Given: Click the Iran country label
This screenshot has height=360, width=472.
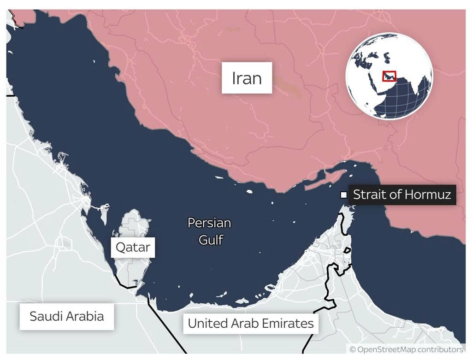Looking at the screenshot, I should [x=247, y=78].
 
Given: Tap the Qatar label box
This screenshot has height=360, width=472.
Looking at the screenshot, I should [x=133, y=247].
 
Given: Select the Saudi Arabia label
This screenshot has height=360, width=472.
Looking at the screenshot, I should [x=66, y=316].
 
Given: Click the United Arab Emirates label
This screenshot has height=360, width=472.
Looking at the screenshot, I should [x=251, y=323].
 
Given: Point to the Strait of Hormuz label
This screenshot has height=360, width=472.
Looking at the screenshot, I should [x=401, y=195].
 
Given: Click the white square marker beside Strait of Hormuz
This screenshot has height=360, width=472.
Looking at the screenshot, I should [x=343, y=195].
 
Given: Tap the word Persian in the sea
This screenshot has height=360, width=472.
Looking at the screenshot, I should [x=209, y=223].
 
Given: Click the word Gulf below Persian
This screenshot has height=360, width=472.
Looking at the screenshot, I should [x=211, y=239].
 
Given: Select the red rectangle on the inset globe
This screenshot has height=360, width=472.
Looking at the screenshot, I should [x=389, y=76].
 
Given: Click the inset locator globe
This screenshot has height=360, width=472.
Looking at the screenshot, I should [x=389, y=76].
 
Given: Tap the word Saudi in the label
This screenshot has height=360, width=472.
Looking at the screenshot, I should [x=44, y=316].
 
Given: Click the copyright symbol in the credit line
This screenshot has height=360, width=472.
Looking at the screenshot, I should [x=353, y=349].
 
